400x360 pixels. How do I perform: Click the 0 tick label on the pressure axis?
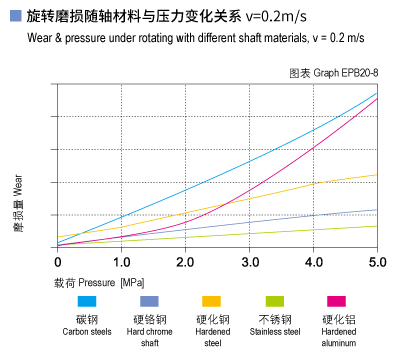tap(58, 261)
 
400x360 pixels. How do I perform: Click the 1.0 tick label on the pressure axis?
tap(121, 261)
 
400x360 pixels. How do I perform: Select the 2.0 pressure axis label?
tap(185, 261)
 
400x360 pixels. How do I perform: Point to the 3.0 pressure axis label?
tap(249, 261)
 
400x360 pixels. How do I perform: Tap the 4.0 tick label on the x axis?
tap(313, 261)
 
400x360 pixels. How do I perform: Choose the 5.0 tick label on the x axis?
tap(377, 261)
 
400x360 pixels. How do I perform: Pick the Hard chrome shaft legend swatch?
tap(149, 301)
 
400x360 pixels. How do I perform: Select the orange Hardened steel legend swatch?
tap(211, 301)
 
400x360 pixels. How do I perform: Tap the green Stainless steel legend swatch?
tap(273, 301)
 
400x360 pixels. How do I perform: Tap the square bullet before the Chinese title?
tap(14, 16)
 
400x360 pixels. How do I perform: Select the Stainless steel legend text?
tap(273, 331)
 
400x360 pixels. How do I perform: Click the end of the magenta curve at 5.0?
tap(377, 98)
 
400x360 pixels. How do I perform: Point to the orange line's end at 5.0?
tap(377, 175)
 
